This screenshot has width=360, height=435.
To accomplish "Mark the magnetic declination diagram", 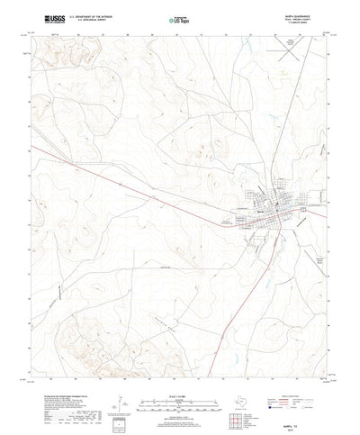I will [x=114, y=389].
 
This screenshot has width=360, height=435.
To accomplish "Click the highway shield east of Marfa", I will [x=303, y=209].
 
